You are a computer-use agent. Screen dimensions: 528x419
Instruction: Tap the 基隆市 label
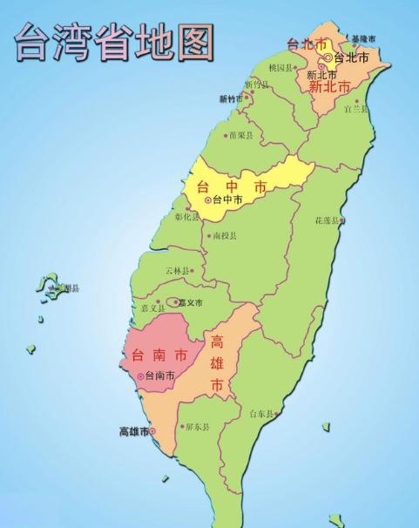point(365,39)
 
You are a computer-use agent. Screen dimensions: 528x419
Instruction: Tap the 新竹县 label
point(258,85)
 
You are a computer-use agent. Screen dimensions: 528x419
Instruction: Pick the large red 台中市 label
point(233,186)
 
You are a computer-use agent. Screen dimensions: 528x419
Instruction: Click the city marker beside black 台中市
point(206,200)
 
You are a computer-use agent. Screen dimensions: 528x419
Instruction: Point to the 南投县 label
point(224,235)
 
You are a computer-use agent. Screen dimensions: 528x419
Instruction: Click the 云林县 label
point(178,271)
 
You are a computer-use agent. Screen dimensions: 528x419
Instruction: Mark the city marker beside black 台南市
point(140,376)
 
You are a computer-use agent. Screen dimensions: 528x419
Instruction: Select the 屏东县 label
point(197,427)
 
